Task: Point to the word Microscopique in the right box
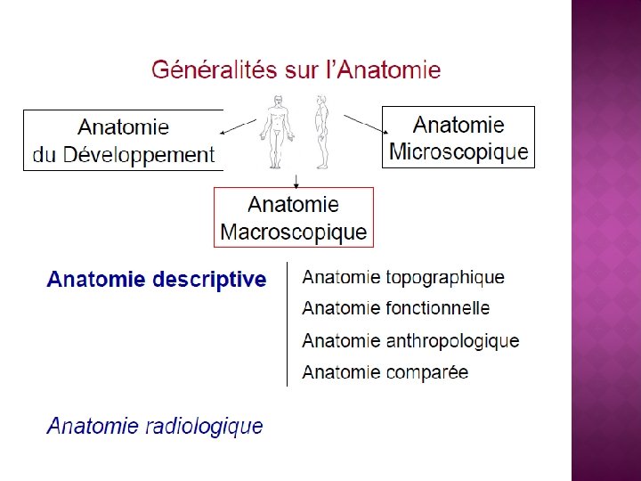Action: tap(458, 151)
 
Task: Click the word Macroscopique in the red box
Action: tap(293, 232)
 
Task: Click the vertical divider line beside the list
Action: tap(287, 324)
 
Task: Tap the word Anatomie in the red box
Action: tap(293, 204)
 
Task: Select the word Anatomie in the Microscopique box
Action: tap(458, 125)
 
